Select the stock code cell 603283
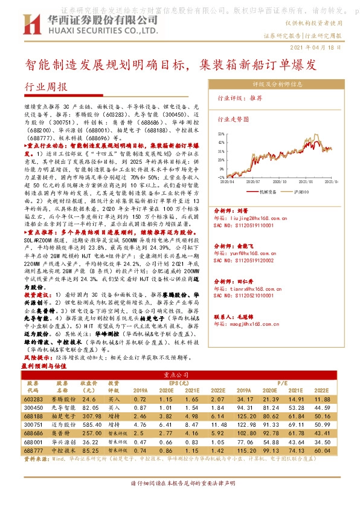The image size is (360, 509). click(x=34, y=400)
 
